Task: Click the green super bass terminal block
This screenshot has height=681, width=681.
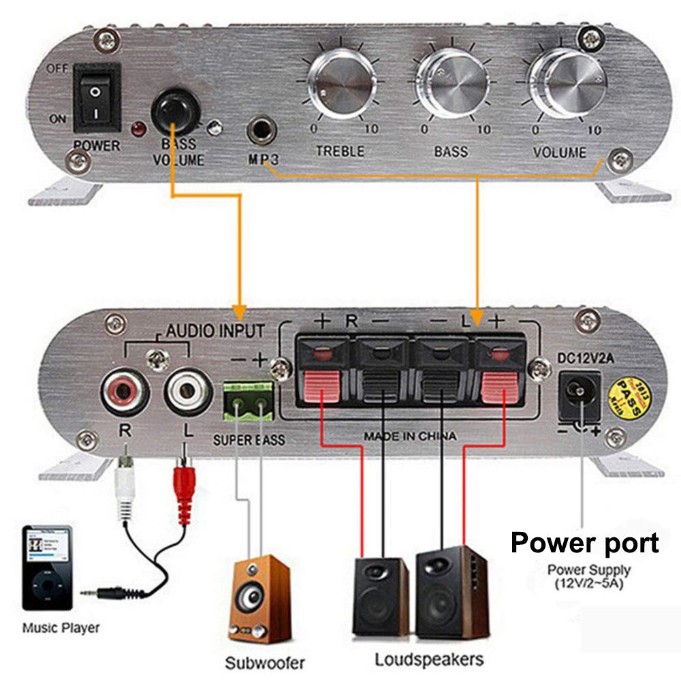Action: tap(247, 402)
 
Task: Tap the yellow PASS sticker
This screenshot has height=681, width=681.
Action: tap(624, 392)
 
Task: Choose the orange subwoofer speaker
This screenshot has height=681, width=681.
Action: tap(257, 595)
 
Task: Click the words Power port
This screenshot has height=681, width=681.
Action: tap(584, 543)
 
